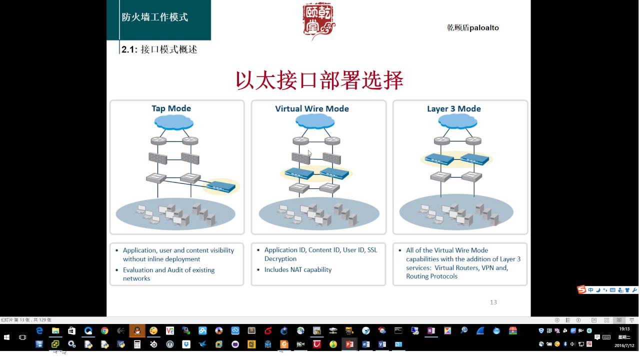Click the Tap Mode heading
point(171,108)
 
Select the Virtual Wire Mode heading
point(312,108)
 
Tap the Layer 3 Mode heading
point(454,108)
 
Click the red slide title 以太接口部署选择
point(319,81)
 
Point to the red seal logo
point(318,20)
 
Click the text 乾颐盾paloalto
point(472,27)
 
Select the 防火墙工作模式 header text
point(155,17)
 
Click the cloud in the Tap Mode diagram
point(173,121)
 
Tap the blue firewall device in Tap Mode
point(220,187)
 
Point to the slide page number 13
point(493,302)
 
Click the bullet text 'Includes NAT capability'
point(298,269)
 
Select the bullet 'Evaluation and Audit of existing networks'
point(168,274)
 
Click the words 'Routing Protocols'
point(431,276)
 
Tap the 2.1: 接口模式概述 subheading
point(159,49)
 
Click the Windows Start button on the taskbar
point(7,337)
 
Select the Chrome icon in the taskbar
point(104,330)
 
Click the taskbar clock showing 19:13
point(624,329)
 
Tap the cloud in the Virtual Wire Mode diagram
point(314,121)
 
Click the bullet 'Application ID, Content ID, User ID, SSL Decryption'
point(320,254)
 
